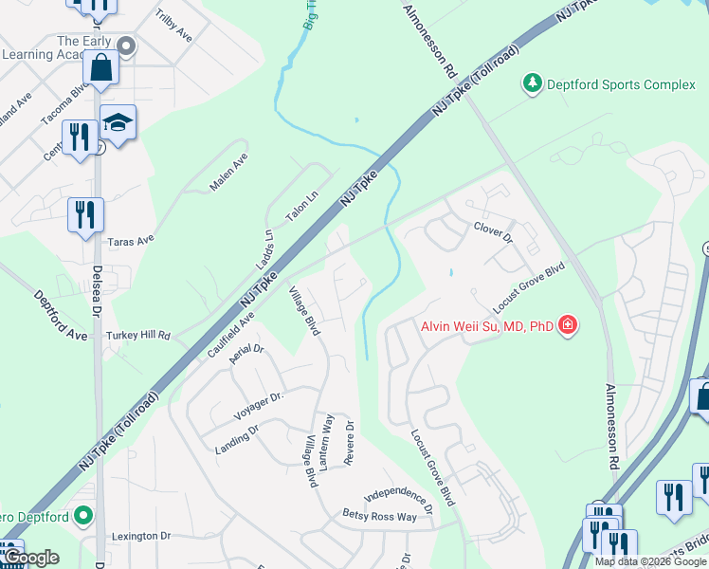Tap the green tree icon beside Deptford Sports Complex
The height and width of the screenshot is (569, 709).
(533, 84)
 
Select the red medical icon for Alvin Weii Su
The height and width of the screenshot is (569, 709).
(567, 326)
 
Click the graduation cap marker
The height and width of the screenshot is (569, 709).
(118, 124)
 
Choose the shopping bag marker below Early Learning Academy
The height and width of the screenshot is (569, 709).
(100, 69)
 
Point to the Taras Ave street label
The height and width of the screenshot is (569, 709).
(131, 242)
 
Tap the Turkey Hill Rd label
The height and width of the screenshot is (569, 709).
(138, 336)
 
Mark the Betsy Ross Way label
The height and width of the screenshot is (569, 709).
(379, 517)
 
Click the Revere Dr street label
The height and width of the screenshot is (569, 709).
(350, 443)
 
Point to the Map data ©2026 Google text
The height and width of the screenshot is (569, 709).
(649, 561)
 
